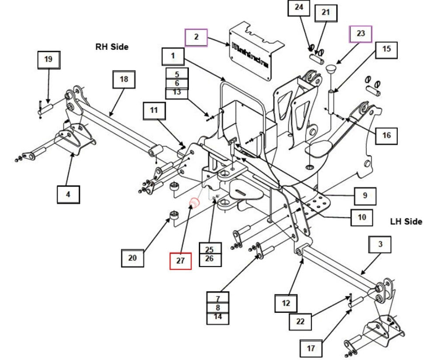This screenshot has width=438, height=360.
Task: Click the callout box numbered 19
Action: coord(48,59)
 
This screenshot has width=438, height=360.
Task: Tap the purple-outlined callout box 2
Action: coord(196,37)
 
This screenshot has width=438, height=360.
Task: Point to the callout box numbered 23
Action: coord(360,34)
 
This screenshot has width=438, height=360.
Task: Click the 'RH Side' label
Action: coord(112,47)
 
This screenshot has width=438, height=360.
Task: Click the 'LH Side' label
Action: coord(406,222)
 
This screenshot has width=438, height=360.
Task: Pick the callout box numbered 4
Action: coord(68,194)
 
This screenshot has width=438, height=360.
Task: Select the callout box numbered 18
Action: coord(124,79)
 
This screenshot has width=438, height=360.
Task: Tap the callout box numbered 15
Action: coord(386,49)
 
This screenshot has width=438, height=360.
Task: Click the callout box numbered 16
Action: coord(386,136)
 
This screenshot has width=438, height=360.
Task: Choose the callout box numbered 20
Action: coord(132,258)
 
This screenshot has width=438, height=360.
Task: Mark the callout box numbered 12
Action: coord(286,303)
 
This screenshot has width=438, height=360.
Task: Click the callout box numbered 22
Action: coord(300,321)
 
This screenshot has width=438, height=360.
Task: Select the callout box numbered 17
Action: coord(311,349)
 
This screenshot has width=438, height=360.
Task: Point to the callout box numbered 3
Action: coord(380,245)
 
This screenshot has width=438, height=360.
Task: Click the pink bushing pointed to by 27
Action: coord(194,203)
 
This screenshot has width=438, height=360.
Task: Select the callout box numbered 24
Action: coord(299,8)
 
